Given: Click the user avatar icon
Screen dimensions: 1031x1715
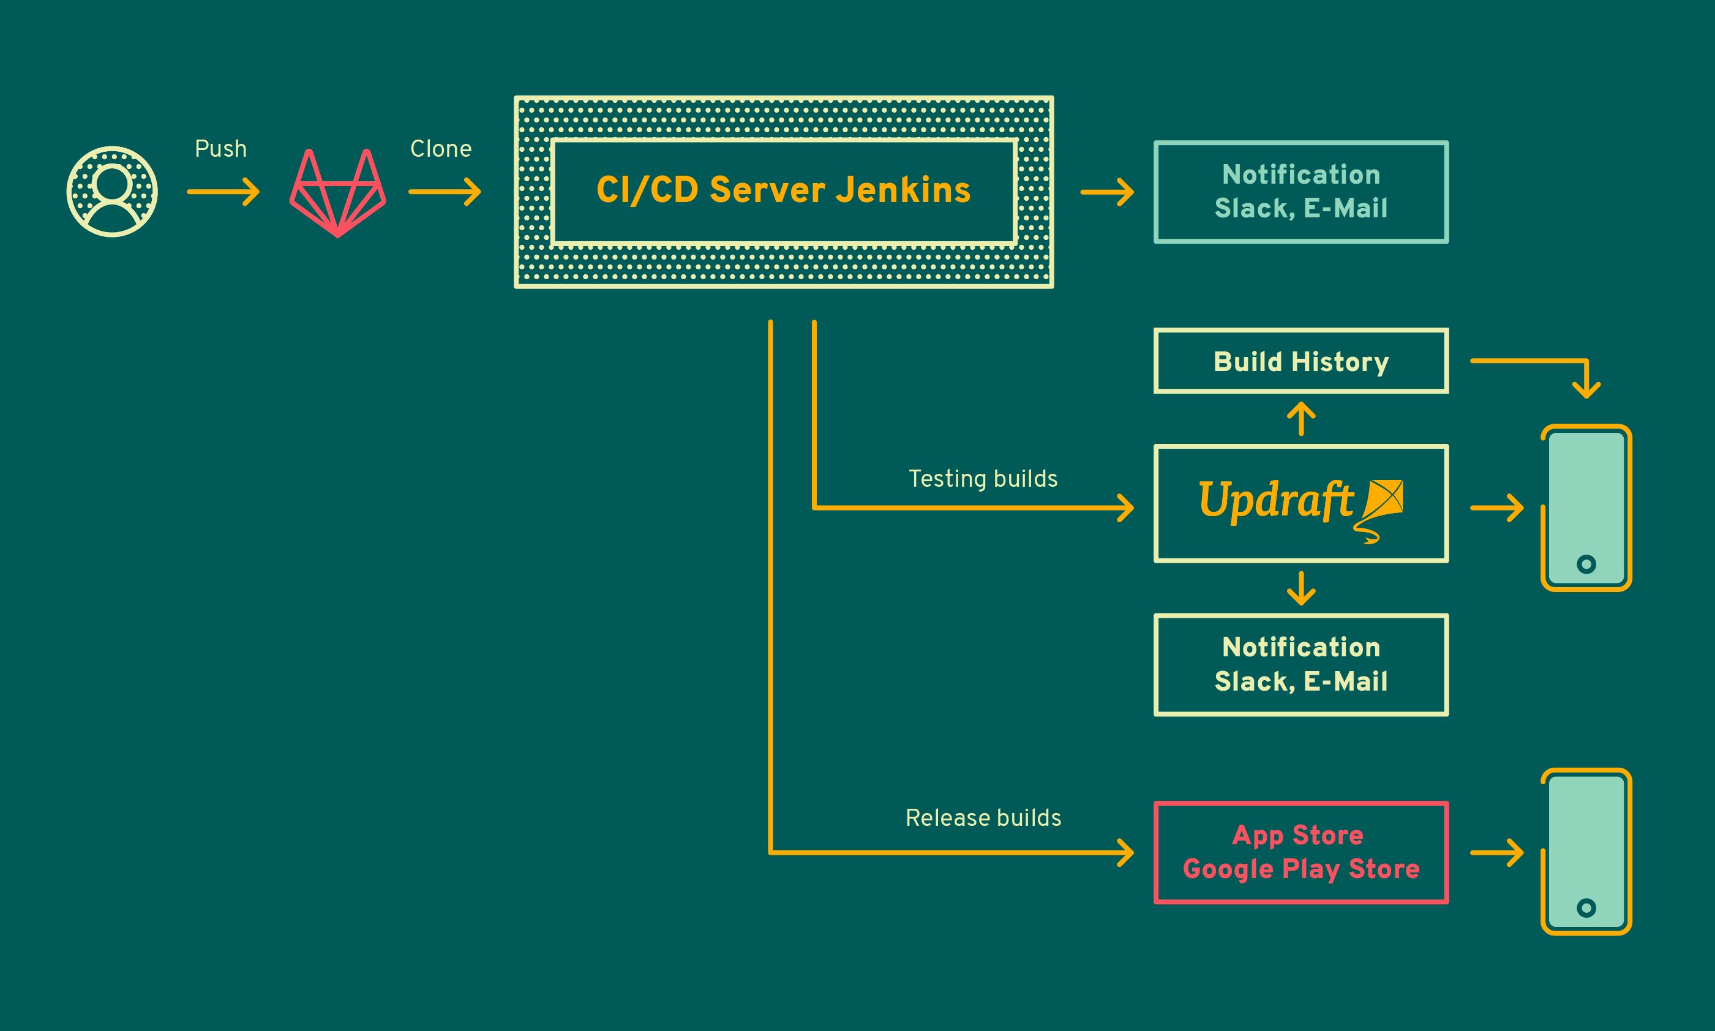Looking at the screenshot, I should [112, 191].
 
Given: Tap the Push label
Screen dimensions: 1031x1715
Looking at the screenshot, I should [220, 149].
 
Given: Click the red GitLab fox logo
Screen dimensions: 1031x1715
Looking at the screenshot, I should [337, 192].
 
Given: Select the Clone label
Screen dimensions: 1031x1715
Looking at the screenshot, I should [440, 149].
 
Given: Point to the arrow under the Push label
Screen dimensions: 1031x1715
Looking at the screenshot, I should [223, 191].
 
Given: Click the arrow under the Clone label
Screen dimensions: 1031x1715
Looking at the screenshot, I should [445, 191].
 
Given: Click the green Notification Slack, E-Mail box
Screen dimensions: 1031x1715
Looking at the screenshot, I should [1300, 192].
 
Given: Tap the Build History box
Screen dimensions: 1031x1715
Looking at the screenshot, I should [1300, 361].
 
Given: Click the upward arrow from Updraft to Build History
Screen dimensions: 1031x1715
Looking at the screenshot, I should [1300, 418].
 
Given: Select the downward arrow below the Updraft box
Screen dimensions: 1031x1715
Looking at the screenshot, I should [1300, 588].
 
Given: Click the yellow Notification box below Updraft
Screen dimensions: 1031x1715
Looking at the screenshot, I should [1300, 664].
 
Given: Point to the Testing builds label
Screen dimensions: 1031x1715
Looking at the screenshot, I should [982, 479].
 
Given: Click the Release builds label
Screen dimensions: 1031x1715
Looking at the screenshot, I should [982, 818].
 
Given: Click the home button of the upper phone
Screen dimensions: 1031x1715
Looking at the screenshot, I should [1586, 563].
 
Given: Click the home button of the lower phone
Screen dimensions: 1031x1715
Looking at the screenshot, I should [1586, 907].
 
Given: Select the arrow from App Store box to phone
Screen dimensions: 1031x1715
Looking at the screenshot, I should [1496, 852].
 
